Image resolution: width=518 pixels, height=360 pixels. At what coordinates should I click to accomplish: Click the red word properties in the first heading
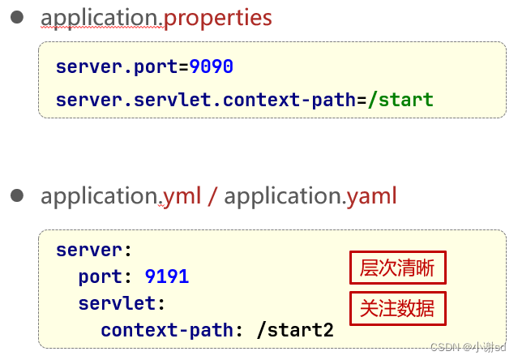[218, 18]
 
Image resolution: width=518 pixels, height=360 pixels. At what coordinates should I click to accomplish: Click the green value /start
[400, 101]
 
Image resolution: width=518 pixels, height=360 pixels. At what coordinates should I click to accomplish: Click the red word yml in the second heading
[182, 196]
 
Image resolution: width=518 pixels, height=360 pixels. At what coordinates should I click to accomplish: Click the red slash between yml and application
[212, 196]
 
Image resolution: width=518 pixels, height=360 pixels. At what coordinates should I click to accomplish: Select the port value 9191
[167, 277]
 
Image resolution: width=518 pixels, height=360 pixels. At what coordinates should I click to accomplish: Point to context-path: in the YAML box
[167, 331]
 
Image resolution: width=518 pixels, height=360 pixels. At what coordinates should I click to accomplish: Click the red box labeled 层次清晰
[398, 268]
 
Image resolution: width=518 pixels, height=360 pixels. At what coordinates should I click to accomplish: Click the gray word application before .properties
[101, 18]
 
